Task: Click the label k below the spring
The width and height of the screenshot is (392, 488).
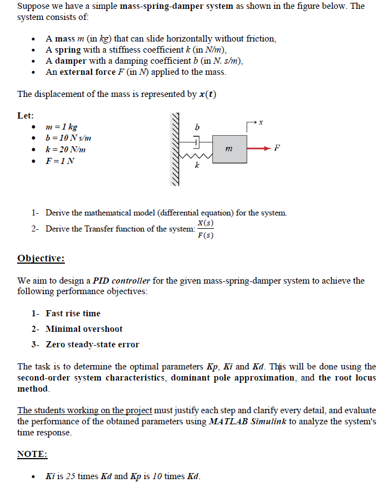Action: pyautogui.click(x=196, y=166)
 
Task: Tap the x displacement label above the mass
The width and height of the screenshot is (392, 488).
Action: pyautogui.click(x=261, y=121)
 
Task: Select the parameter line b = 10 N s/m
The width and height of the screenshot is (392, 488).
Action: pyautogui.click(x=68, y=138)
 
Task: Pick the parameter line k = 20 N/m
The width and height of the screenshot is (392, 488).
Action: pyautogui.click(x=65, y=150)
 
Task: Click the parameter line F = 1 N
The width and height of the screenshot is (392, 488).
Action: pyautogui.click(x=60, y=161)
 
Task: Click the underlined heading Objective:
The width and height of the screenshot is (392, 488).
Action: pyautogui.click(x=41, y=259)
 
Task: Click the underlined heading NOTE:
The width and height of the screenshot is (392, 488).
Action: pyautogui.click(x=32, y=454)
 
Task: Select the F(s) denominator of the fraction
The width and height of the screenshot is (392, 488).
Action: pyautogui.click(x=205, y=235)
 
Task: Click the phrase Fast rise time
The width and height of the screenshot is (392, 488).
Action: pyautogui.click(x=73, y=314)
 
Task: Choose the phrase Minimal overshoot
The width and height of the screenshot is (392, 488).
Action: pyautogui.click(x=84, y=329)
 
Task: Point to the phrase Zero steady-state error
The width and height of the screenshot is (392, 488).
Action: pyautogui.click(x=92, y=345)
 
